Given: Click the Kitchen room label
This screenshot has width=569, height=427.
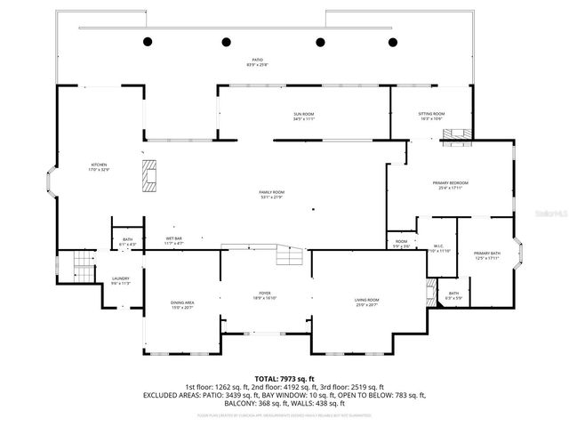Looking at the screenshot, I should point(98,166).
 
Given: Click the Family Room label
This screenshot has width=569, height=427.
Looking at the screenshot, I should point(271,194).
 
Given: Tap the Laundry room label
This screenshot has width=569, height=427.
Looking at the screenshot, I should point(121,280).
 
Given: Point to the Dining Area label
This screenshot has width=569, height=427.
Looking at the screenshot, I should point(182,305).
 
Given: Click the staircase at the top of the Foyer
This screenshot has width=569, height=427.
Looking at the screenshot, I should point(291,257).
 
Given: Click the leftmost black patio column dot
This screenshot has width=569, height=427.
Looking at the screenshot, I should point(148,42).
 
